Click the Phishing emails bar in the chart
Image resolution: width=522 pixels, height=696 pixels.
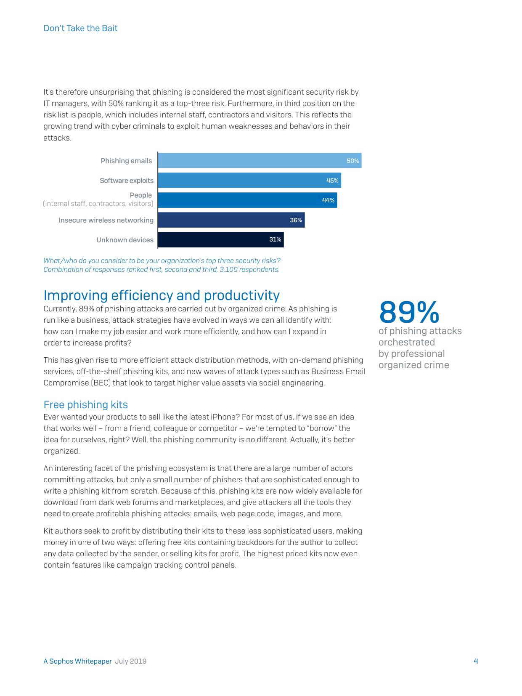point(260,160)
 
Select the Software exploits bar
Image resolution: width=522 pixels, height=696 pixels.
point(249,180)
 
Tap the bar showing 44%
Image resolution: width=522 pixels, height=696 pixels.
point(247,200)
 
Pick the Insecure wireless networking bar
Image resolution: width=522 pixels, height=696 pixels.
point(231,220)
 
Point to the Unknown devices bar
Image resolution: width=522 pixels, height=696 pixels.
point(221,239)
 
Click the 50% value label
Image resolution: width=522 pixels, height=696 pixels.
point(352,161)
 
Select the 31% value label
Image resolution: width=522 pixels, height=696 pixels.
point(275,239)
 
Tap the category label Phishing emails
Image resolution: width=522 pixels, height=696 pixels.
point(126,161)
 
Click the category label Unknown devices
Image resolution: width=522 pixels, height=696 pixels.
point(125,240)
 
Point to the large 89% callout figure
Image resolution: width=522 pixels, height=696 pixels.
point(409,312)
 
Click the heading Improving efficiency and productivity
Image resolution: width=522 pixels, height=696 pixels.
point(162,295)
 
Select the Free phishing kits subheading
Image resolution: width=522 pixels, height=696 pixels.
point(85,404)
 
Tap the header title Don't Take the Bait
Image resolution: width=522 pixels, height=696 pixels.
point(80,28)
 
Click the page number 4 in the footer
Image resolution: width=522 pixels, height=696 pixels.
point(475,661)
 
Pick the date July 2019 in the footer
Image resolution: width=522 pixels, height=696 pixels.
point(130,661)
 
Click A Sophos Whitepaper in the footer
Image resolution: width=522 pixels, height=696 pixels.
point(78,661)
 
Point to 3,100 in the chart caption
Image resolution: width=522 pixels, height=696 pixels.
point(228,270)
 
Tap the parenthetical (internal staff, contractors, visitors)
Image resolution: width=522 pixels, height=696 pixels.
point(98,204)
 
